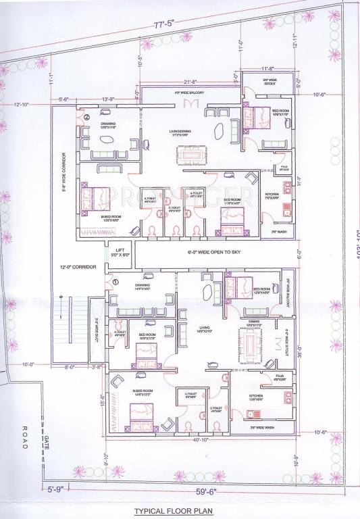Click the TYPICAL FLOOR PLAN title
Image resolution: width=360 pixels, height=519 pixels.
pyautogui.click(x=180, y=512)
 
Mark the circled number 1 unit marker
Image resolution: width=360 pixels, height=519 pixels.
pyautogui.click(x=115, y=281)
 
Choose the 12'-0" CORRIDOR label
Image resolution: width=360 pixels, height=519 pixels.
pyautogui.click(x=76, y=268)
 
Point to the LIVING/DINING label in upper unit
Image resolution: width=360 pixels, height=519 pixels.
pyautogui.click(x=179, y=132)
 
